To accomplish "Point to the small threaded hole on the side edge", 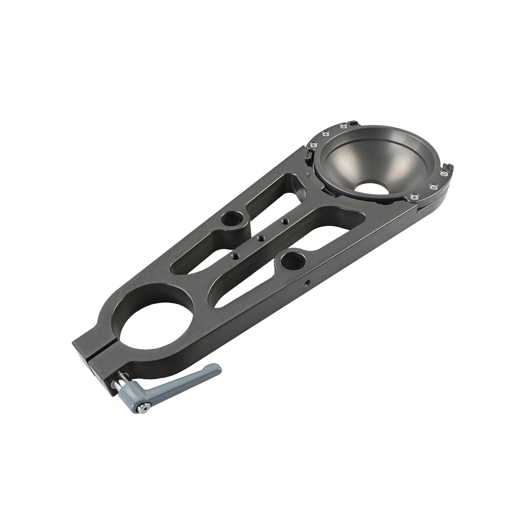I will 306,282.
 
